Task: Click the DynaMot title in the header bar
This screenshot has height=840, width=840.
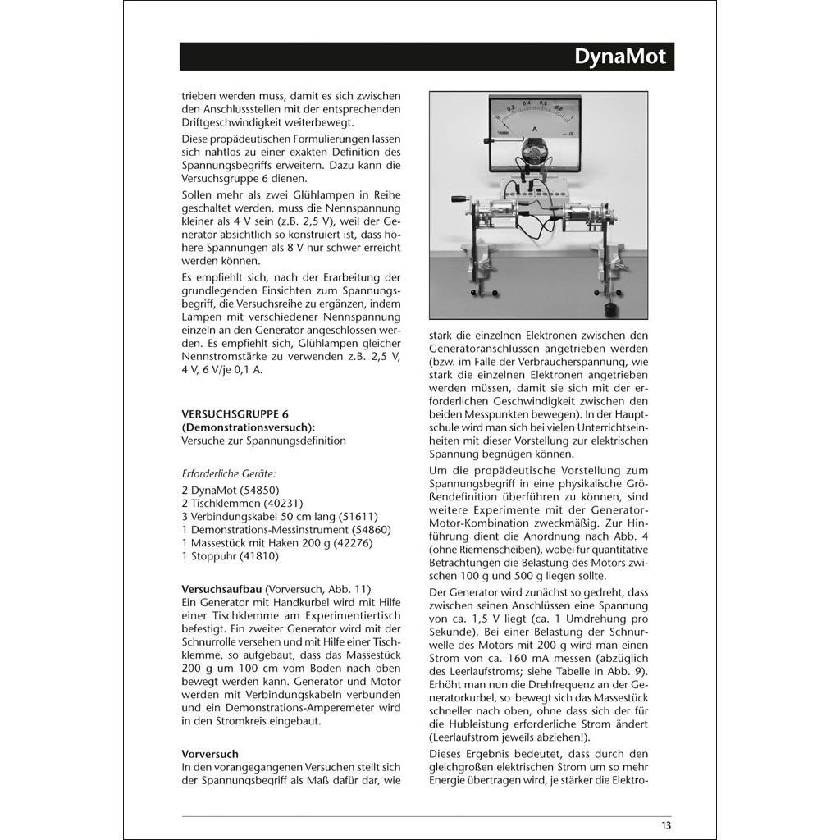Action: pyautogui.click(x=620, y=57)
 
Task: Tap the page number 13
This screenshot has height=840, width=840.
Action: pyautogui.click(x=665, y=825)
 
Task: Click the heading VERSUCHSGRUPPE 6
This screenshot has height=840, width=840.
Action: pyautogui.click(x=235, y=415)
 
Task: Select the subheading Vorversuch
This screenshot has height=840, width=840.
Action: pyautogui.click(x=209, y=754)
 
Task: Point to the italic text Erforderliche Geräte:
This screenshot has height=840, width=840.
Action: pyautogui.click(x=229, y=473)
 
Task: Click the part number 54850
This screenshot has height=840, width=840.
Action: pyautogui.click(x=257, y=490)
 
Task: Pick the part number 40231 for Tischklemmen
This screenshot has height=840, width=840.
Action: pyautogui.click(x=281, y=503)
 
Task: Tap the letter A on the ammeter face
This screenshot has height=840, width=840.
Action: pyautogui.click(x=535, y=129)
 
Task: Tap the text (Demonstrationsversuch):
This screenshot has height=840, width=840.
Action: pyautogui.click(x=249, y=427)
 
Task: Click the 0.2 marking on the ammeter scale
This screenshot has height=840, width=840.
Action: pyautogui.click(x=509, y=106)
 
